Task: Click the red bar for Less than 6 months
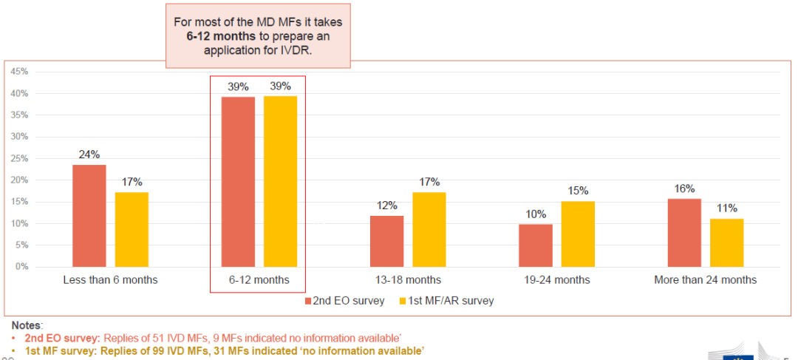click(89, 215)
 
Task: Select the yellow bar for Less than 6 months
click(132, 229)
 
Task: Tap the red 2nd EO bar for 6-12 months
click(238, 181)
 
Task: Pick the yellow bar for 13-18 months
click(429, 229)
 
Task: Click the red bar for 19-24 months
click(536, 245)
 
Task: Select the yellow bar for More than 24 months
click(727, 242)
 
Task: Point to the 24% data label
click(89, 155)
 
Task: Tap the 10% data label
click(536, 214)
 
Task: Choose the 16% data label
click(684, 189)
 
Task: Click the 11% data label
click(727, 208)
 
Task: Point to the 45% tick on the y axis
click(19, 72)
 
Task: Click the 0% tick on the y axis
click(21, 267)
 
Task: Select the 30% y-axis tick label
click(19, 137)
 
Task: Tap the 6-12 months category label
click(258, 280)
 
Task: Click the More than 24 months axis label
click(705, 280)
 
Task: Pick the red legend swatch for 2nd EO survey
click(310, 301)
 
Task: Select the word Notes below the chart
click(27, 325)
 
